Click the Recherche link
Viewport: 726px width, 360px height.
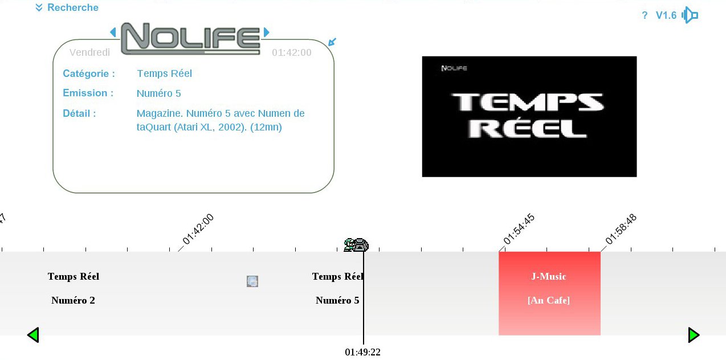pos(67,8)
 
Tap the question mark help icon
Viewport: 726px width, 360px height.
pos(645,15)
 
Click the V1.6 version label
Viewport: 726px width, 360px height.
pos(666,15)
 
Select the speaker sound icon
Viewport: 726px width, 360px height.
pos(690,15)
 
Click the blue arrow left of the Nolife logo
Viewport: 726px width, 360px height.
pos(113,32)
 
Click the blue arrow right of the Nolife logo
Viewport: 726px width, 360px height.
pos(266,32)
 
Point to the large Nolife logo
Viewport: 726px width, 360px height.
pos(190,39)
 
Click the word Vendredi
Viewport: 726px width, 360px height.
pos(89,52)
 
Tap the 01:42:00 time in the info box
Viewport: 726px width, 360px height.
pos(291,53)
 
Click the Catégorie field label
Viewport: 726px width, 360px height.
pos(89,73)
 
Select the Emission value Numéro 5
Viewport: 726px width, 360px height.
pos(158,93)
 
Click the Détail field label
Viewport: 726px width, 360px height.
pos(79,113)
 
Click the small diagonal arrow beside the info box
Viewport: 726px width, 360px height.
pos(332,42)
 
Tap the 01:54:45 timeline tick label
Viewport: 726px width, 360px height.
pos(519,229)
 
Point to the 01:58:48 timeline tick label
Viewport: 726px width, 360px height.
pos(621,229)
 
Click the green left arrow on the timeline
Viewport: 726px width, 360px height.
pos(33,335)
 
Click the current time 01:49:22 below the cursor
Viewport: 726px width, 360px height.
pos(362,352)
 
